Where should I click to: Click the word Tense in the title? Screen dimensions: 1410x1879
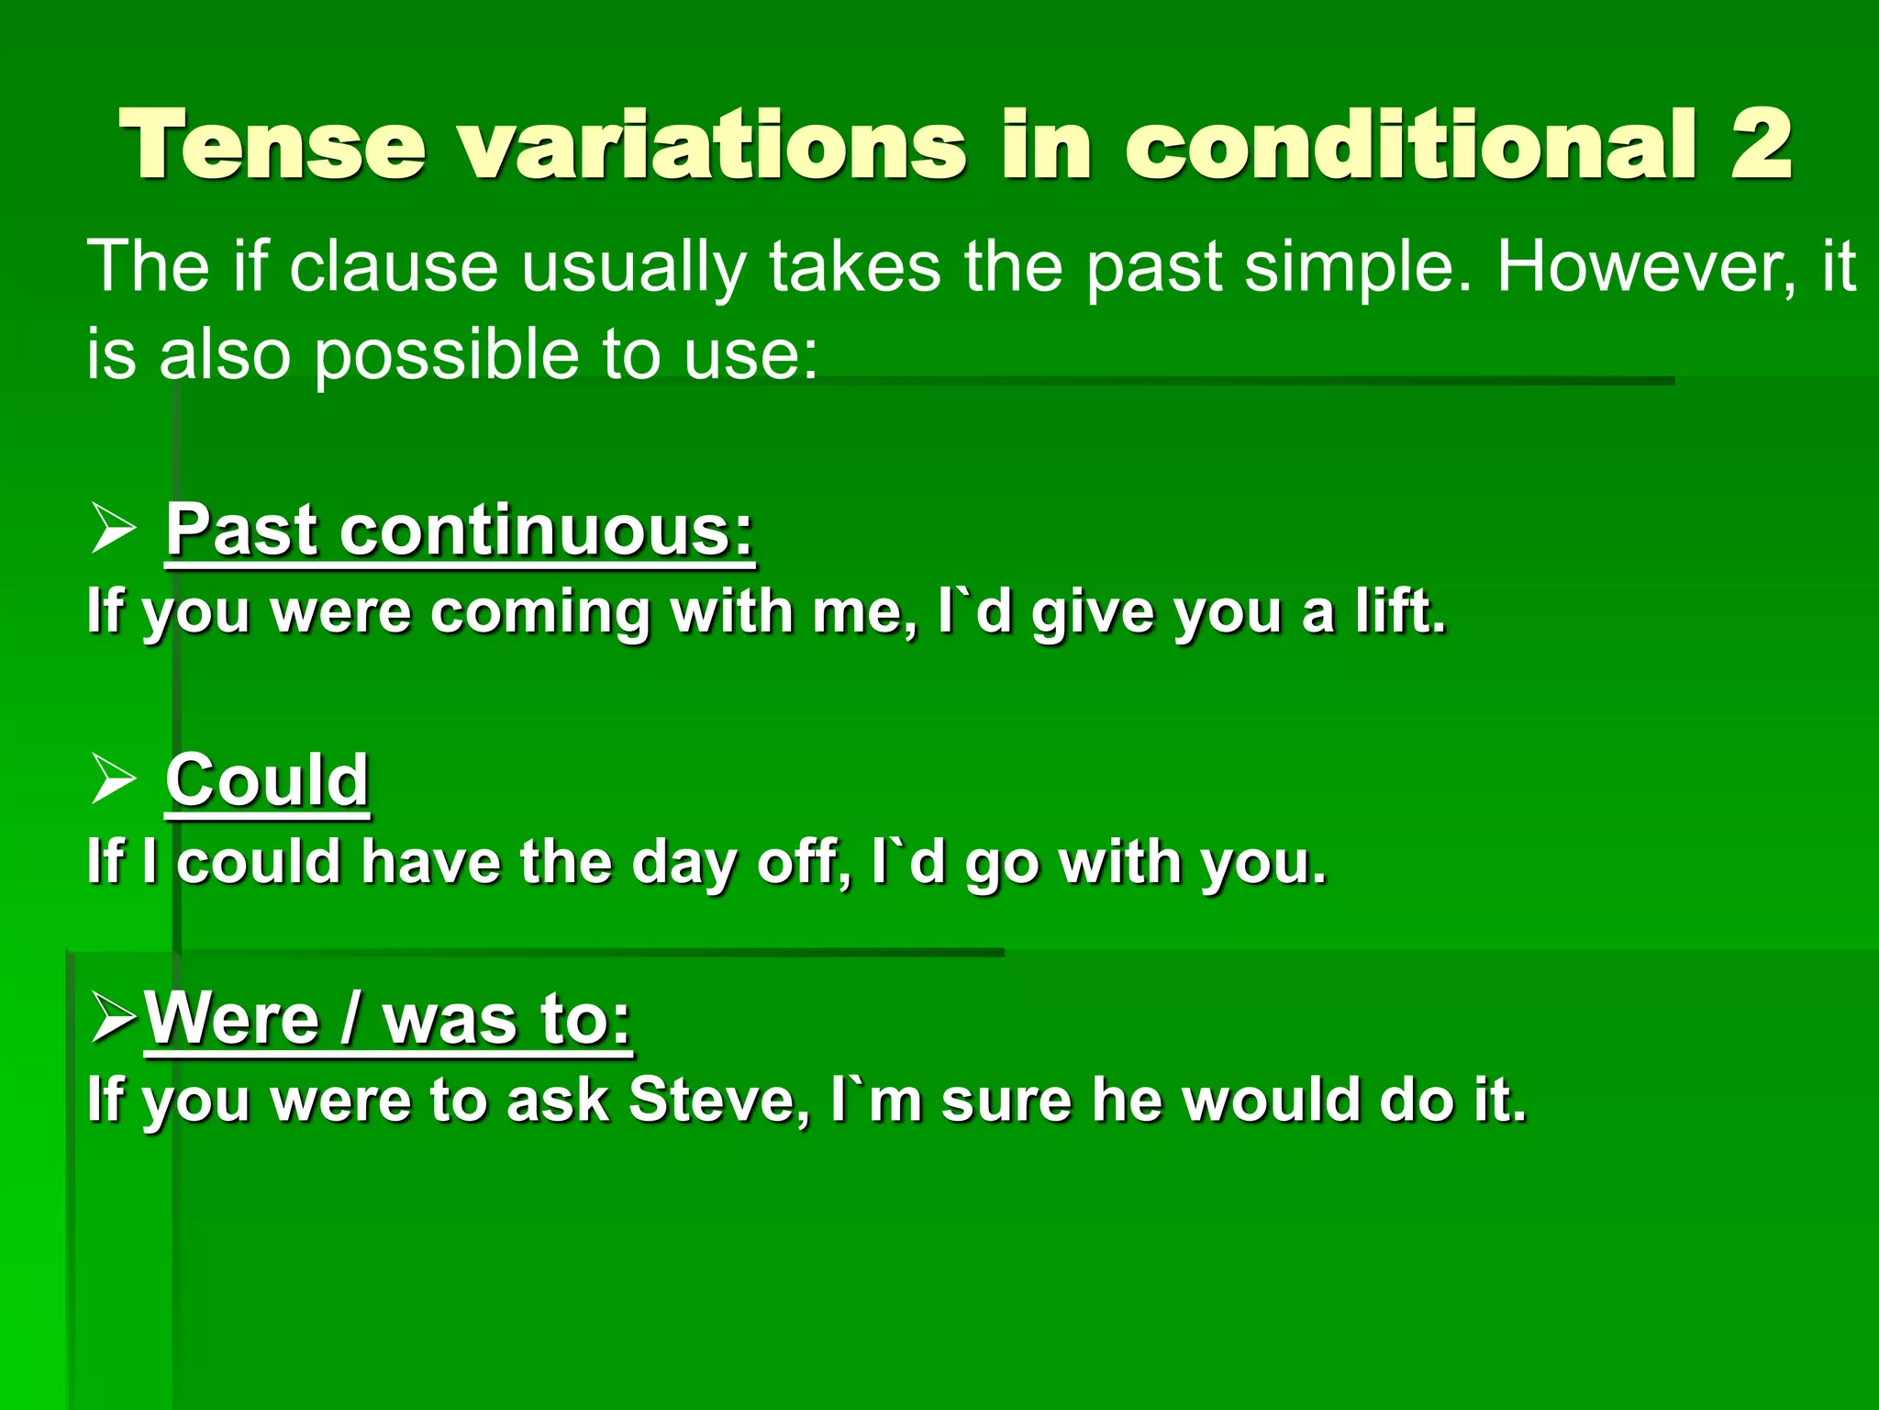pyautogui.click(x=273, y=144)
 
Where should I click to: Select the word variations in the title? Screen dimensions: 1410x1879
pyautogui.click(x=713, y=144)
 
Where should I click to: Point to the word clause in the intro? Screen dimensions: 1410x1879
pyautogui.click(x=394, y=267)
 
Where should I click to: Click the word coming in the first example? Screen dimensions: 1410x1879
pyautogui.click(x=540, y=612)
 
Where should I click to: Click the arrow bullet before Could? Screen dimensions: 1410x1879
pyautogui.click(x=114, y=782)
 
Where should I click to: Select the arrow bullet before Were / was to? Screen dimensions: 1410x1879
pyautogui.click(x=115, y=1021)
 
